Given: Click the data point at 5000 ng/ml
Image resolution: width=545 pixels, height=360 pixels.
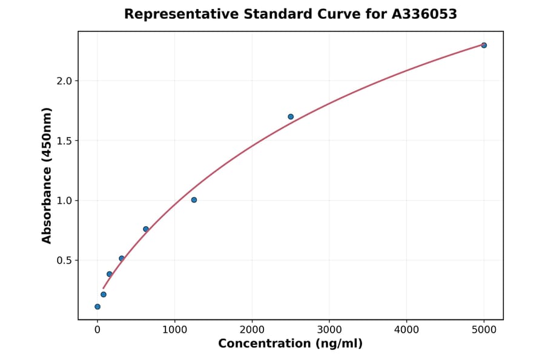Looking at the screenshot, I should coord(484,45).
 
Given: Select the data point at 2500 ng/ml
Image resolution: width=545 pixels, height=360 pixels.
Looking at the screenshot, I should coord(291,116).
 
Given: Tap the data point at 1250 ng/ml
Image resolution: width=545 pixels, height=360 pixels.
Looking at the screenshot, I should coord(194,200).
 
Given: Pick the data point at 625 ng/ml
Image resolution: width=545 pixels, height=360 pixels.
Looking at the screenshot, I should coord(146,229).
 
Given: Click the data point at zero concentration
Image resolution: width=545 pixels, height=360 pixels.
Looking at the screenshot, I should coord(97,307).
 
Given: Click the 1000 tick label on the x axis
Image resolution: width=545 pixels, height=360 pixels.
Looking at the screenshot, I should coord(174,330).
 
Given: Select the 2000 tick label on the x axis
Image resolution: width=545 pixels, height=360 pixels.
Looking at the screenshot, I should coord(252,330).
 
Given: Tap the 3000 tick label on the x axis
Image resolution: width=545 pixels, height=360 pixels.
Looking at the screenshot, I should coord(329,330).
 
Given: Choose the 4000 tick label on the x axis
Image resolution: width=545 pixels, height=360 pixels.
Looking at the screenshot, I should coord(406,330).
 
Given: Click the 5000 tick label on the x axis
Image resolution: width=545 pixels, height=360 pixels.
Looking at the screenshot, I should coord(484,330).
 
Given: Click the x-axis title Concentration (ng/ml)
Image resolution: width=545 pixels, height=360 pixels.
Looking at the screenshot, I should coord(290,344).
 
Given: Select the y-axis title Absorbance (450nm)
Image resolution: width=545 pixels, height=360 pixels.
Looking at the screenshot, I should coord(47,175).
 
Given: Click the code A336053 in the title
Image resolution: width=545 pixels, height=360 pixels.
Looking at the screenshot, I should coord(424,14).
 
